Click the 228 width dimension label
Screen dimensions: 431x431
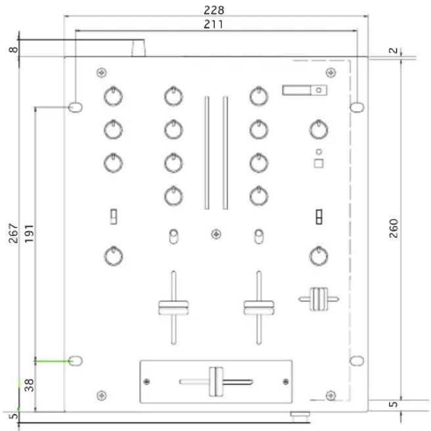(x=214, y=10)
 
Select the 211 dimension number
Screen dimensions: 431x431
(x=214, y=24)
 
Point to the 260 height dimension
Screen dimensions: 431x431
(x=394, y=228)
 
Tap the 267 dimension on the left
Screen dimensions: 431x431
(x=13, y=234)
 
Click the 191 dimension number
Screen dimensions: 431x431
(x=29, y=234)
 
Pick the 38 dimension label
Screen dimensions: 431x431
(x=29, y=385)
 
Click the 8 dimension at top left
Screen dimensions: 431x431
(x=13, y=50)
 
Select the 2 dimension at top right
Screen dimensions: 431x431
(x=394, y=51)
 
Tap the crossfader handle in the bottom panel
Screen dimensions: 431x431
(x=216, y=382)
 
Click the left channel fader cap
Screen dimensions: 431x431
(x=173, y=308)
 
